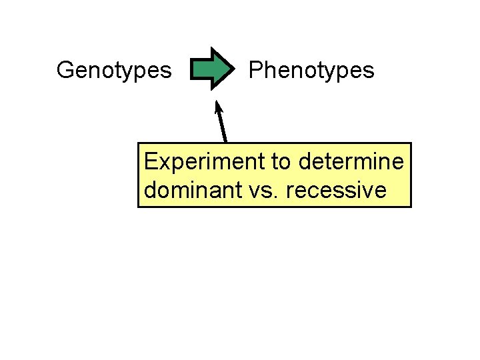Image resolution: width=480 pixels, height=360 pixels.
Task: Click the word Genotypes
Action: pyautogui.click(x=114, y=70)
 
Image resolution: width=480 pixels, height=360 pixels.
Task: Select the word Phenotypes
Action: pyautogui.click(x=311, y=70)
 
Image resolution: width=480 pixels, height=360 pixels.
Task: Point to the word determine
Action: pyautogui.click(x=351, y=161)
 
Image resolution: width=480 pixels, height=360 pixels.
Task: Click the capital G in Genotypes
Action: pyautogui.click(x=65, y=69)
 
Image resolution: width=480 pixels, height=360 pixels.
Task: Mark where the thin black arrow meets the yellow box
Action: pyautogui.click(x=227, y=142)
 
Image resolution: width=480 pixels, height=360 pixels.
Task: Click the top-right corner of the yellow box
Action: pyautogui.click(x=411, y=143)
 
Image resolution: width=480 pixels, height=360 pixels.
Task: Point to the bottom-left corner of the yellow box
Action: pyautogui.click(x=139, y=207)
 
